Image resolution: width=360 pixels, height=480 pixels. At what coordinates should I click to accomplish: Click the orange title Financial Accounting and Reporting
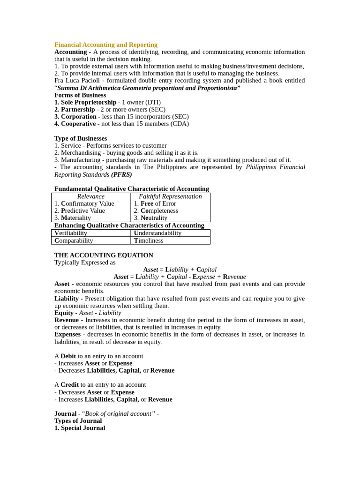[x=106, y=45]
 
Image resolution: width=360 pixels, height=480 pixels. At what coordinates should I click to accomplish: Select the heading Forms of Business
[x=80, y=95]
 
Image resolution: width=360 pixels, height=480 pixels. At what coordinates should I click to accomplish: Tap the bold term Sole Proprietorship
[x=89, y=102]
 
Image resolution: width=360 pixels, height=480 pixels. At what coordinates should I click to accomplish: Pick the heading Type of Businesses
[x=81, y=138]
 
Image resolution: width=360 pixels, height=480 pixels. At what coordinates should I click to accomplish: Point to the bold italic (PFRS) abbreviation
[x=121, y=174]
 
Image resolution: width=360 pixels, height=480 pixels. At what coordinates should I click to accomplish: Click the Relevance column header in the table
[x=91, y=196]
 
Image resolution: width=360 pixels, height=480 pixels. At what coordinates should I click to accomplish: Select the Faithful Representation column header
[x=170, y=196]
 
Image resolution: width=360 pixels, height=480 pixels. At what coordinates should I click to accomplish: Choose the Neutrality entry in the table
[x=154, y=218]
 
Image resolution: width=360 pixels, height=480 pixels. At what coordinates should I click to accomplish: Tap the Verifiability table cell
[x=71, y=233]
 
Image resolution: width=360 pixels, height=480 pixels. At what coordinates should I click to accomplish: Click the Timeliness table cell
[x=149, y=240]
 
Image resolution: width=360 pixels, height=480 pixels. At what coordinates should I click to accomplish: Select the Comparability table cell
[x=74, y=240]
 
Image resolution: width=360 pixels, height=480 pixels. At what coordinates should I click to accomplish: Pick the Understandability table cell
[x=157, y=233]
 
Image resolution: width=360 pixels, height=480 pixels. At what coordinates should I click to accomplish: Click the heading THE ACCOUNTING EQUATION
[x=104, y=255]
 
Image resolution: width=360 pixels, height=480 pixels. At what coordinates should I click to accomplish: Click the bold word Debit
[x=68, y=356]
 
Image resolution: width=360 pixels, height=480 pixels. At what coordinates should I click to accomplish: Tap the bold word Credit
[x=69, y=384]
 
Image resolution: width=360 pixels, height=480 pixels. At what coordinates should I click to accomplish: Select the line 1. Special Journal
[x=80, y=427]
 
